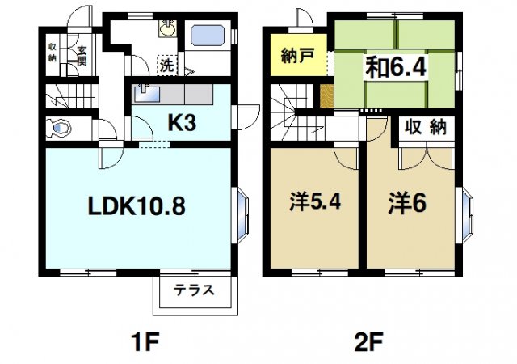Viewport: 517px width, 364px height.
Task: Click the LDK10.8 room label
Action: coord(137,206)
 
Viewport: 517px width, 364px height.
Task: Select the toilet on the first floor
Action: coord(59,128)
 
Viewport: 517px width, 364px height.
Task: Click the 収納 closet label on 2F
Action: coord(425,128)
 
